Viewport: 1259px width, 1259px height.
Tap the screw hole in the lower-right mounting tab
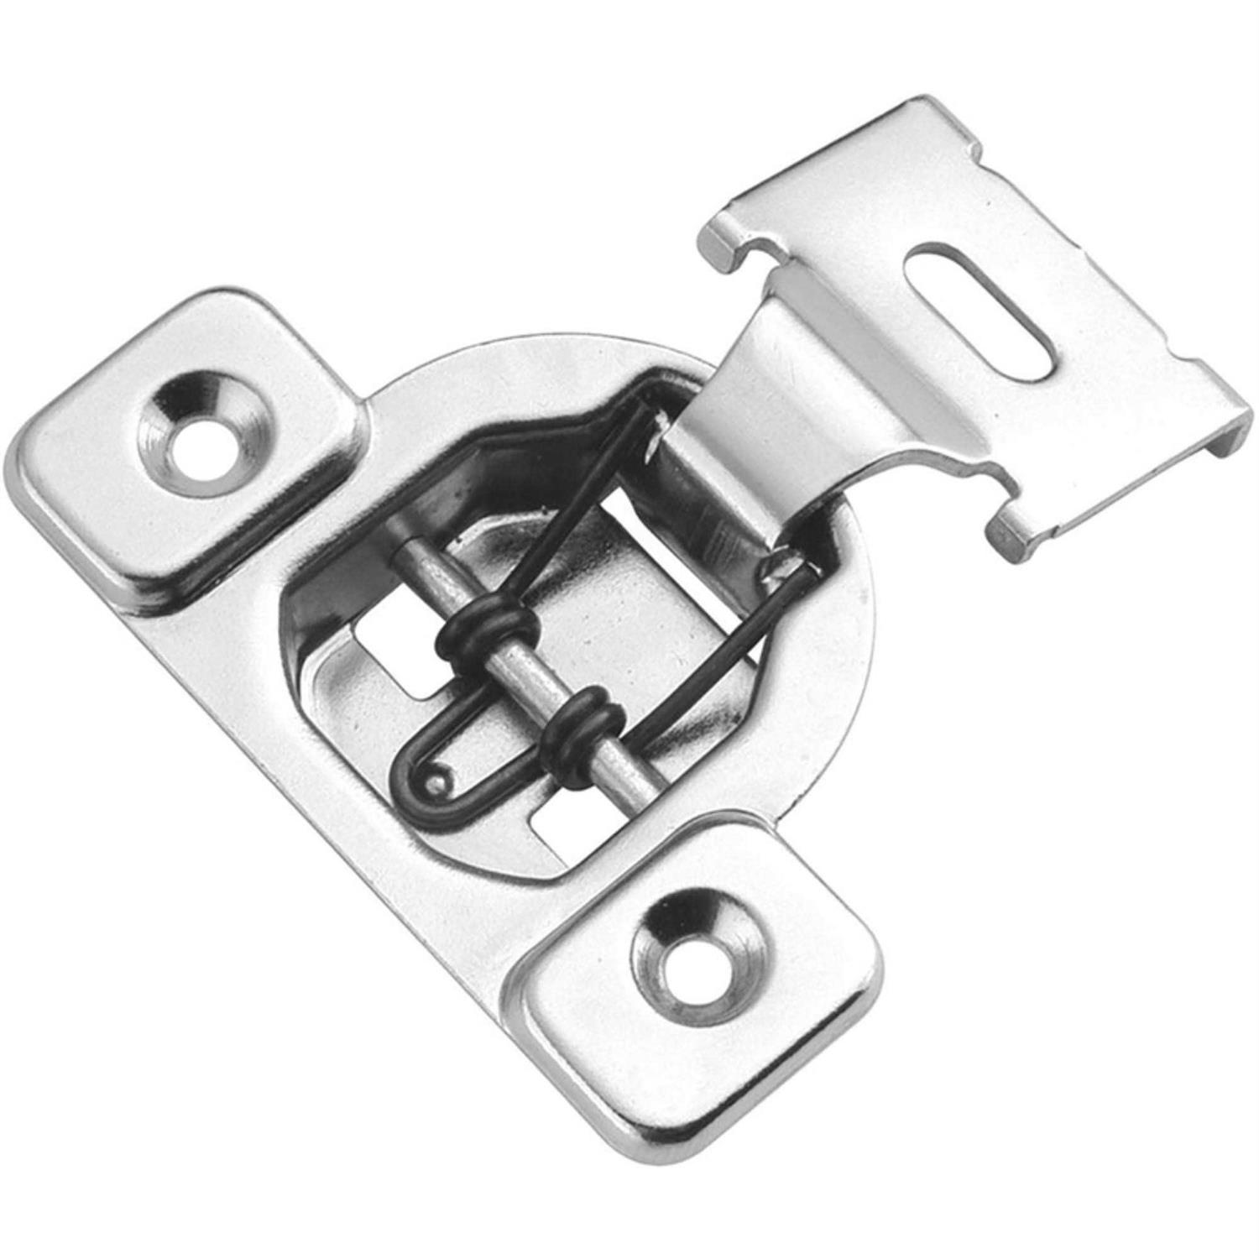point(691,955)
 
